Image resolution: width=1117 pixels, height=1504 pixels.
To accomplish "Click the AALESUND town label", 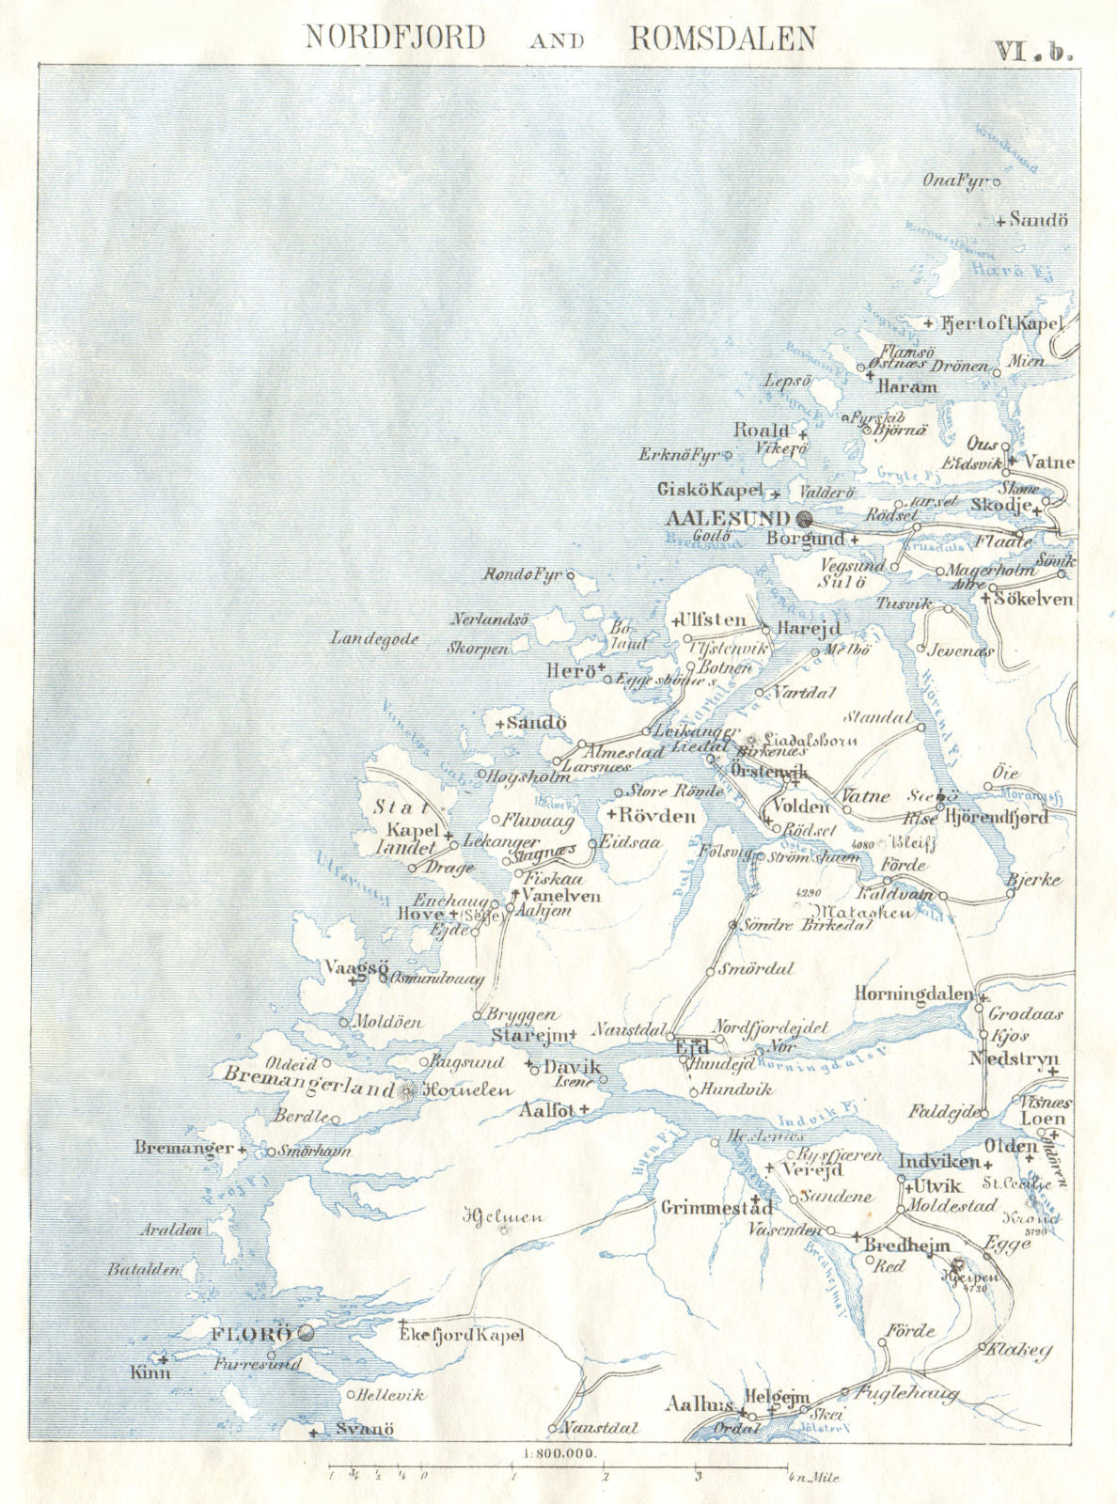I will pyautogui.click(x=728, y=518).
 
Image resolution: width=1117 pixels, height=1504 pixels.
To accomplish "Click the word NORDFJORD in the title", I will pyautogui.click(x=396, y=38).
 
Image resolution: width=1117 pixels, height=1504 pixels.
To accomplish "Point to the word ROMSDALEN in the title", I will pyautogui.click(x=722, y=38).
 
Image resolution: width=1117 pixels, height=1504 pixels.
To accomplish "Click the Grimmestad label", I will pyautogui.click(x=716, y=1207).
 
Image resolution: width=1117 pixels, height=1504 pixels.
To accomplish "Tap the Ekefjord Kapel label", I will pyautogui.click(x=461, y=1335).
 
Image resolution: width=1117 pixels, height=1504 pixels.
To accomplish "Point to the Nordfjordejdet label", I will pyautogui.click(x=771, y=1027).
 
